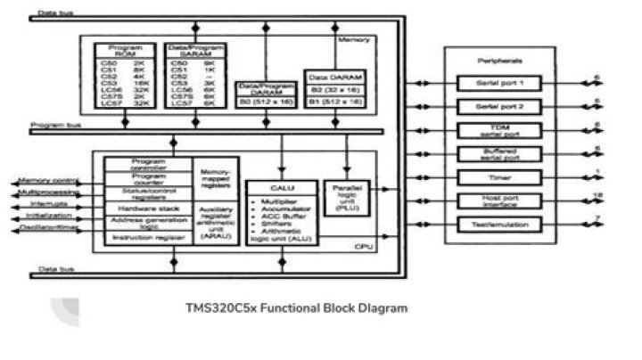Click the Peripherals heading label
(498, 61)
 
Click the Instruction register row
(148, 238)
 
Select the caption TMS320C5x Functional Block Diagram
(296, 308)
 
